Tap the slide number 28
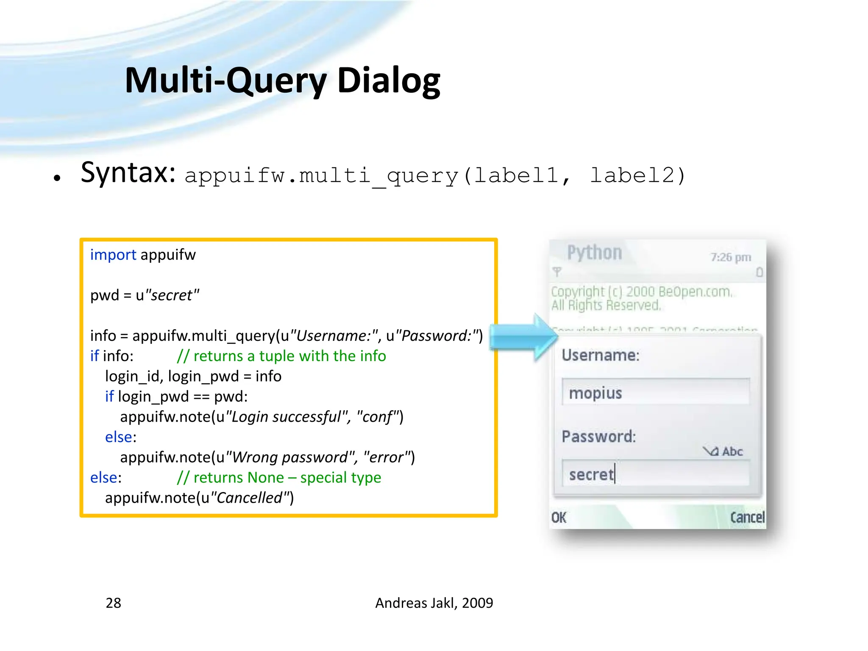[x=113, y=603]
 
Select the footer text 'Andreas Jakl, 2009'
[x=434, y=603]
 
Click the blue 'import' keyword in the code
[x=113, y=255]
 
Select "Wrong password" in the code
[x=293, y=457]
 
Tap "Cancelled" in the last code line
[x=250, y=498]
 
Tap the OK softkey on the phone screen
[x=559, y=517]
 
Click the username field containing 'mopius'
[x=655, y=392]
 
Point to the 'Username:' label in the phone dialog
[x=600, y=355]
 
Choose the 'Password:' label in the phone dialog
[x=598, y=437]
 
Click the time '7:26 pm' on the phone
[x=731, y=257]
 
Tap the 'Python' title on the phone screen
[x=594, y=253]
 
